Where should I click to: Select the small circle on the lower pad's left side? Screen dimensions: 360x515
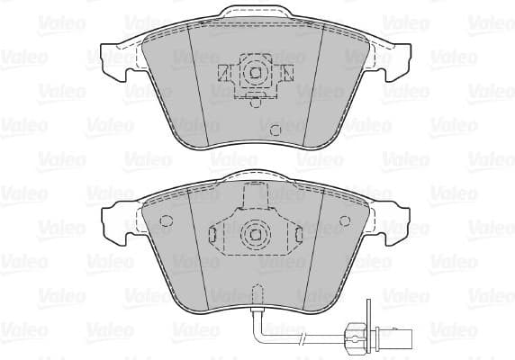[x=165, y=222]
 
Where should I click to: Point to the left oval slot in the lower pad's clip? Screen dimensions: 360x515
[x=213, y=235]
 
